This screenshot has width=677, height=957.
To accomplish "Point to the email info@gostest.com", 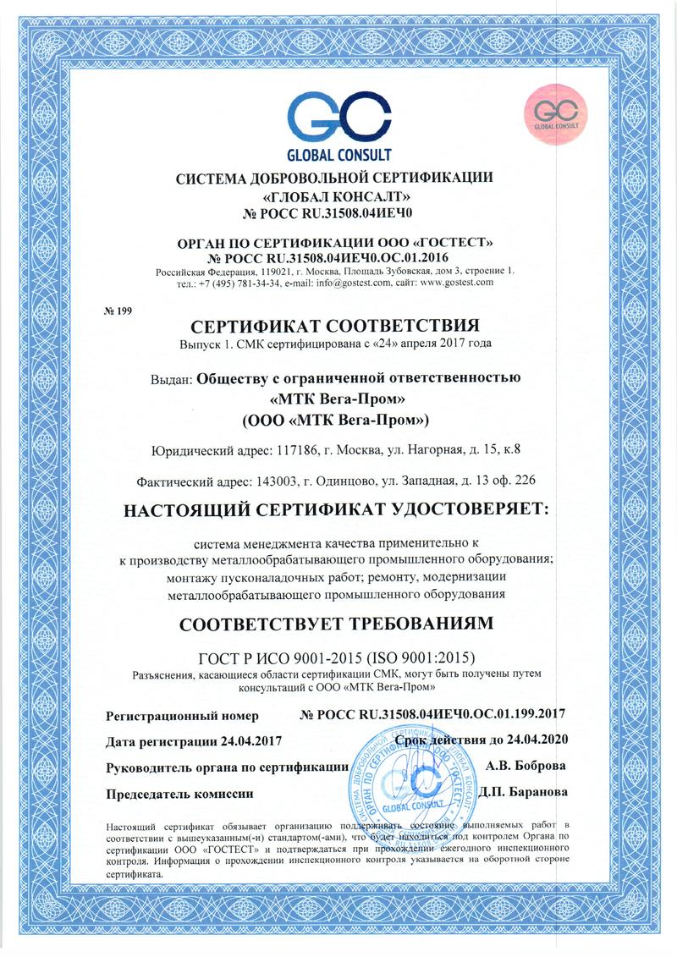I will pyautogui.click(x=351, y=283).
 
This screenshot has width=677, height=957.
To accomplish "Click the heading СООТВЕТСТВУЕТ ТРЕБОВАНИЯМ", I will pyautogui.click(x=338, y=624).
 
